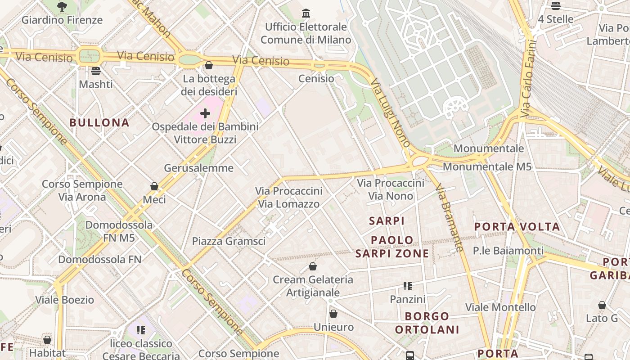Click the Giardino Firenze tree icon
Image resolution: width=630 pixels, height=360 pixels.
[x=62, y=6]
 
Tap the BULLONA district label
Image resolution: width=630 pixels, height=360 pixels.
[x=99, y=122]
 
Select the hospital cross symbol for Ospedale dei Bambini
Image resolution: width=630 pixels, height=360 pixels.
[x=205, y=113]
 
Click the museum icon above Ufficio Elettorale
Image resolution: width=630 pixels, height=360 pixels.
[x=306, y=13]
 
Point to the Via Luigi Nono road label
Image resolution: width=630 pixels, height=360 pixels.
[x=390, y=113]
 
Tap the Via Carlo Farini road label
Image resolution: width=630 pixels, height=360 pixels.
[x=528, y=79]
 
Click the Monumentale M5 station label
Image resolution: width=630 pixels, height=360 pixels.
[x=487, y=166]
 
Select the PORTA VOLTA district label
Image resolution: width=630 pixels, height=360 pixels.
[x=517, y=226]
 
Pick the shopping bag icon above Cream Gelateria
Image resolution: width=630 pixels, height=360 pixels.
[x=313, y=266]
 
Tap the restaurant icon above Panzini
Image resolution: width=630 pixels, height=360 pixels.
[x=408, y=286]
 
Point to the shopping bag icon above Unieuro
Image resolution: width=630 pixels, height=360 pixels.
[x=333, y=314]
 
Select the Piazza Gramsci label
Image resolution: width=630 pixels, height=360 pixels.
[x=229, y=241]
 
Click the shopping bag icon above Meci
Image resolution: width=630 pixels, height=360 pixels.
[x=154, y=186]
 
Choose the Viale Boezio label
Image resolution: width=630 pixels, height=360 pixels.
[x=65, y=300]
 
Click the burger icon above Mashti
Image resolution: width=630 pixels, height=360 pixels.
[x=95, y=71]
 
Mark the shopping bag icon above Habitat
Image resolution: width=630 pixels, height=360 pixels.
[x=47, y=340]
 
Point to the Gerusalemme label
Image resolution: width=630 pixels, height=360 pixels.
[x=198, y=168]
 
